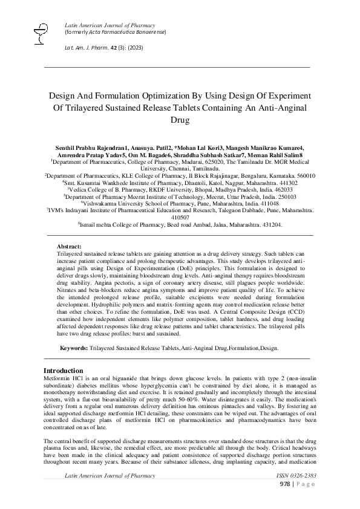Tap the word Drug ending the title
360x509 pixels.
click(x=180, y=120)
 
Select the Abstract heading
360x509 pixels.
click(x=68, y=264)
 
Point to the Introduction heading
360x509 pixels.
click(x=64, y=371)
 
